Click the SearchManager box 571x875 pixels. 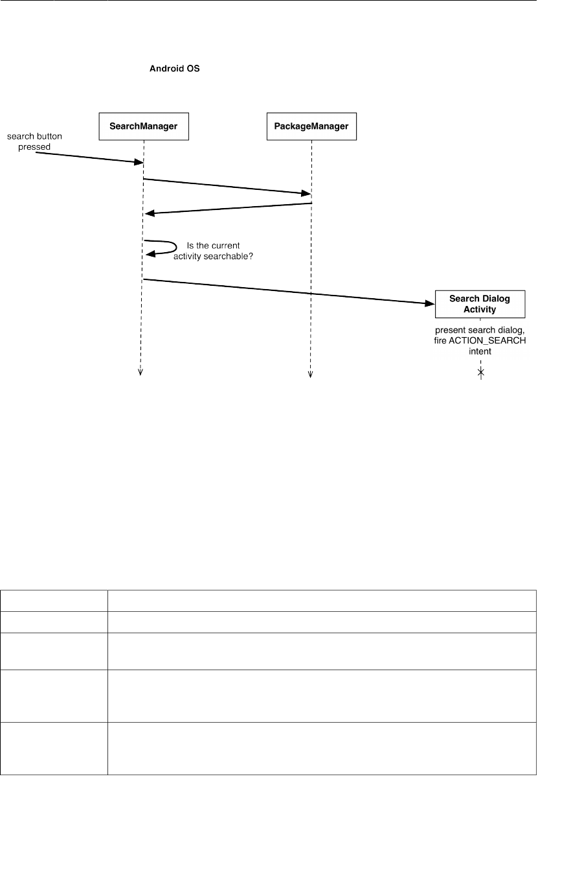[143, 127]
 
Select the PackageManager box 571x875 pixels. [311, 127]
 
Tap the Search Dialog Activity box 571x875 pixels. [480, 304]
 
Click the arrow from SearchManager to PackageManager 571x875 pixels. [227, 185]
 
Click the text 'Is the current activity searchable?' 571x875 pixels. [214, 251]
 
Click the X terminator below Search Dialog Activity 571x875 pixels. [480, 372]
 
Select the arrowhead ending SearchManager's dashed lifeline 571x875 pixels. [140, 372]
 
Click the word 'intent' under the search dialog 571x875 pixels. [480, 351]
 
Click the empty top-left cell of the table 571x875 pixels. [54, 600]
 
